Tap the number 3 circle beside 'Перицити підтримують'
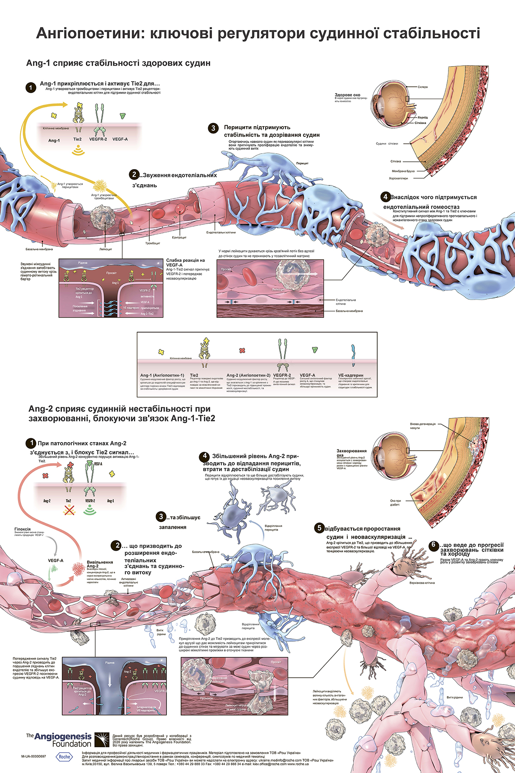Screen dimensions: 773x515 [x=213, y=128]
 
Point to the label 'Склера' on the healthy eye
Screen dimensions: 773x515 [x=423, y=87]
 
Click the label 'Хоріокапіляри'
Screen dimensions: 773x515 [x=398, y=179]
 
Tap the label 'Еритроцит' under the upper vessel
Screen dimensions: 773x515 [x=179, y=237]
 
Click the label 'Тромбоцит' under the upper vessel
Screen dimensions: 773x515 [x=152, y=243]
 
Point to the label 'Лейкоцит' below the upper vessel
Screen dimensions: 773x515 [x=106, y=249]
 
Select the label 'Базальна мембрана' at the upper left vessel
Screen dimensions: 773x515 [x=39, y=249]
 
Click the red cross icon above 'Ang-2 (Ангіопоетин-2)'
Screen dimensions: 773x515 [x=242, y=351]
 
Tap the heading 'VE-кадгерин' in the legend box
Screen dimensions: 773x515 [x=351, y=375]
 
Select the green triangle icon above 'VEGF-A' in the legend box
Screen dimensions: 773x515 [x=315, y=350]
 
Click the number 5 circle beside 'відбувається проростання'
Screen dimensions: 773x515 [x=319, y=528]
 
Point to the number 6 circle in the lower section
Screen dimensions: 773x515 [x=433, y=545]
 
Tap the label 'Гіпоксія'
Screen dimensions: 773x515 [x=23, y=529]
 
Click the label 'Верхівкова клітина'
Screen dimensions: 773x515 [x=422, y=583]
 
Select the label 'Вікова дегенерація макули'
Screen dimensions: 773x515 [x=422, y=426]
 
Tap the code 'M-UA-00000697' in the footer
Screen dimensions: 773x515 [x=33, y=756]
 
